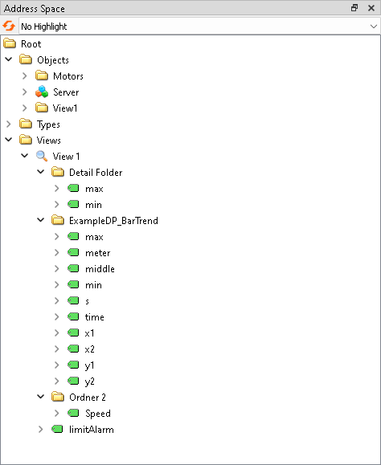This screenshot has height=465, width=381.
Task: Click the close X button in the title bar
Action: (x=371, y=8)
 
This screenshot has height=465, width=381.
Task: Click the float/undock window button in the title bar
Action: (x=354, y=8)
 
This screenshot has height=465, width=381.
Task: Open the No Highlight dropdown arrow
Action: (x=373, y=27)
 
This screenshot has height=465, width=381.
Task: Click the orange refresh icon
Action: (x=10, y=27)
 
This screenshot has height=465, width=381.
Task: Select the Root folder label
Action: (x=31, y=44)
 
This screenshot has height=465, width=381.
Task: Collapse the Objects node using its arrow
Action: (x=9, y=60)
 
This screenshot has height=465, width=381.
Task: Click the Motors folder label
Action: (x=68, y=76)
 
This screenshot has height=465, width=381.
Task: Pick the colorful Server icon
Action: (x=42, y=92)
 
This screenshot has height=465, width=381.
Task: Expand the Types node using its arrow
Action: (x=9, y=124)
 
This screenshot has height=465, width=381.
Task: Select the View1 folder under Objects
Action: (x=64, y=108)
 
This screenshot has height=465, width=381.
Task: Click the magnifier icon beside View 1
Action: (x=42, y=157)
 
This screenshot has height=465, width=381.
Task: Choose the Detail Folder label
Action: (x=96, y=173)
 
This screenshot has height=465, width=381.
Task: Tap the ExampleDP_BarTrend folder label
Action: (x=113, y=221)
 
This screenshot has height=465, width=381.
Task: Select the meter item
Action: (x=97, y=253)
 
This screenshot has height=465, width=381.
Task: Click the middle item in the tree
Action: (x=100, y=269)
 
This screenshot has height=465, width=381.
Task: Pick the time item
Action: (x=94, y=317)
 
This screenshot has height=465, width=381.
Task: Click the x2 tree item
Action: (x=90, y=349)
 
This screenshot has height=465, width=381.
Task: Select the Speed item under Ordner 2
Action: (x=98, y=414)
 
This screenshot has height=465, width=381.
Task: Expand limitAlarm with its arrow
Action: (x=41, y=430)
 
